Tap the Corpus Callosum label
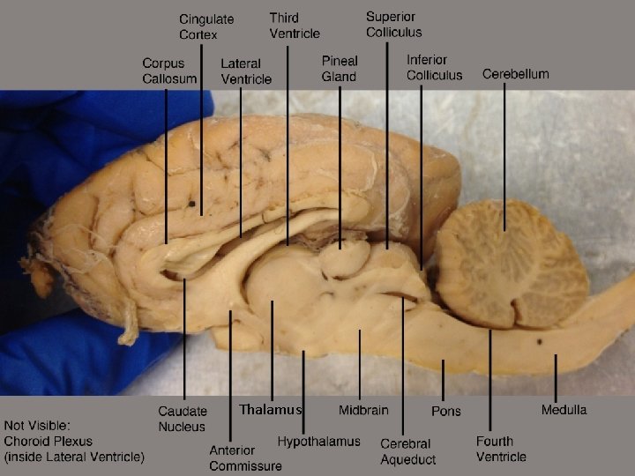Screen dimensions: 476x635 [x=169, y=71]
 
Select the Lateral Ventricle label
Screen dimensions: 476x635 [x=246, y=71]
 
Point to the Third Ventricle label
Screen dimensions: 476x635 [x=295, y=26]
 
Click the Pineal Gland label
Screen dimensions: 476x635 [x=339, y=69]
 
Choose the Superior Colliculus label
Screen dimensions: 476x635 [x=393, y=24]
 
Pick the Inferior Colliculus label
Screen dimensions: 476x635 [x=434, y=68]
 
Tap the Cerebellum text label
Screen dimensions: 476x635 [x=515, y=74]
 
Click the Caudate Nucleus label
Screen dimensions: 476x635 [x=182, y=419]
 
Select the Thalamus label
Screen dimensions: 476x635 [x=270, y=409]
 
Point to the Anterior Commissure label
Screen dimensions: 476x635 [x=245, y=458]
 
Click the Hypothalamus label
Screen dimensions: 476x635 [x=318, y=441]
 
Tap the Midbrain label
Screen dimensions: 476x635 [x=363, y=410]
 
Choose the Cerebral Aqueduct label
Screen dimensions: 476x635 [x=407, y=451]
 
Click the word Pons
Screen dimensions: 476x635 [x=445, y=411]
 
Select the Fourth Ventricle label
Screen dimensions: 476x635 [x=501, y=449]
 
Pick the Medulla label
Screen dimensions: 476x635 [x=564, y=409]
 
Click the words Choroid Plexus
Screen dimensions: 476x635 [x=48, y=441]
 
